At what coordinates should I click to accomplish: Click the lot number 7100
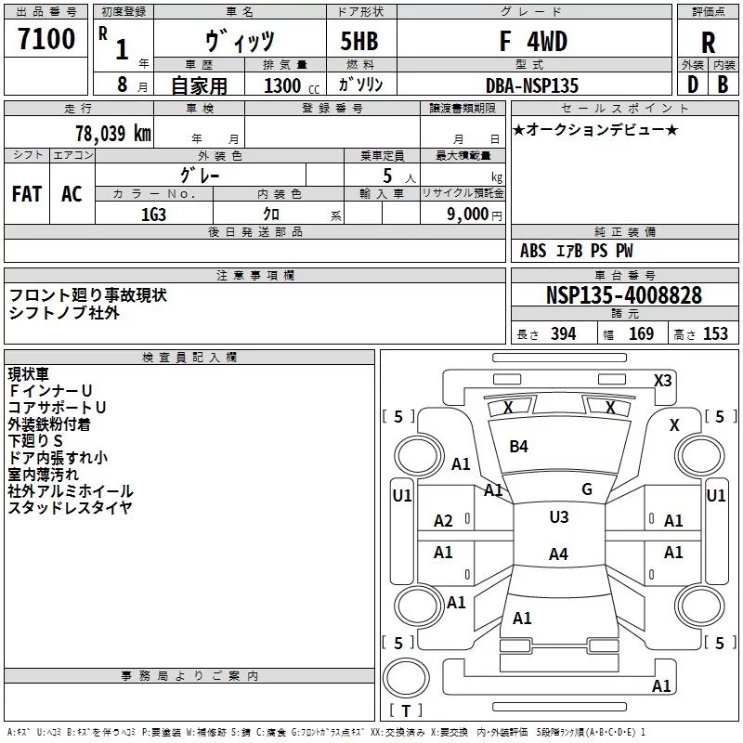pos(46,39)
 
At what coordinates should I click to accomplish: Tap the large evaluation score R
pos(709,42)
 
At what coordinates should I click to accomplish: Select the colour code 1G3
pos(153,213)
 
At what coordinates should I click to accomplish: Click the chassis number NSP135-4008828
pos(624,295)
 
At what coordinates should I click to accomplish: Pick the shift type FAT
pos(26,193)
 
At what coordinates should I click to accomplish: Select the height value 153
pos(715,334)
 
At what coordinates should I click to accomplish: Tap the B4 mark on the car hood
pos(518,447)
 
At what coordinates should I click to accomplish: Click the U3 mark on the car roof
pos(558,517)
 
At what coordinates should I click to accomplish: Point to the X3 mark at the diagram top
pos(662,380)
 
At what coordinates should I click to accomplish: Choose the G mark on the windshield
pos(586,489)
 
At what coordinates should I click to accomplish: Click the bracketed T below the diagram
pos(406,710)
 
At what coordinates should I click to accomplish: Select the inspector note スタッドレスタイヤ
pos(70,507)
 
